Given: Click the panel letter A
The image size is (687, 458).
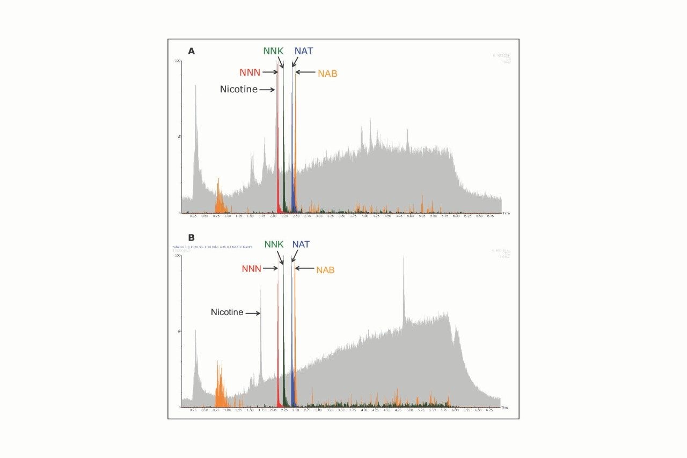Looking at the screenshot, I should (191, 52).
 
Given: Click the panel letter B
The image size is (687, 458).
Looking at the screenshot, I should (191, 237).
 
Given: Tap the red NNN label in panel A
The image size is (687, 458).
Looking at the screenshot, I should (250, 72).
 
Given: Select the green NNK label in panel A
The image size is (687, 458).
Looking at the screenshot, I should (273, 51).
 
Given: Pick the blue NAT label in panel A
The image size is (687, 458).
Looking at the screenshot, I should (303, 51).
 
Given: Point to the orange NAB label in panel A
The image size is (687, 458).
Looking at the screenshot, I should (327, 74).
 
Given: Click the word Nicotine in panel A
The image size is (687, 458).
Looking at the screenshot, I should (238, 90).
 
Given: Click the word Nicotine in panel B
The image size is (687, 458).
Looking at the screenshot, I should (227, 312).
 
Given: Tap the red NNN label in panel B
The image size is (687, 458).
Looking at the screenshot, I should (252, 268).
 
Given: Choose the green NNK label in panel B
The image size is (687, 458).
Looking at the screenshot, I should (274, 245).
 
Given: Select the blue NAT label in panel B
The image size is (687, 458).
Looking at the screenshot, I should (301, 245).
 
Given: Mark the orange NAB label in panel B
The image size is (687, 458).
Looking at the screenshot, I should (325, 270).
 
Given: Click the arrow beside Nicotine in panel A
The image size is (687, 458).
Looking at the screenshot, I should (267, 90).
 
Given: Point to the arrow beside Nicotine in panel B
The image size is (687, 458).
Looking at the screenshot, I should (253, 313).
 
